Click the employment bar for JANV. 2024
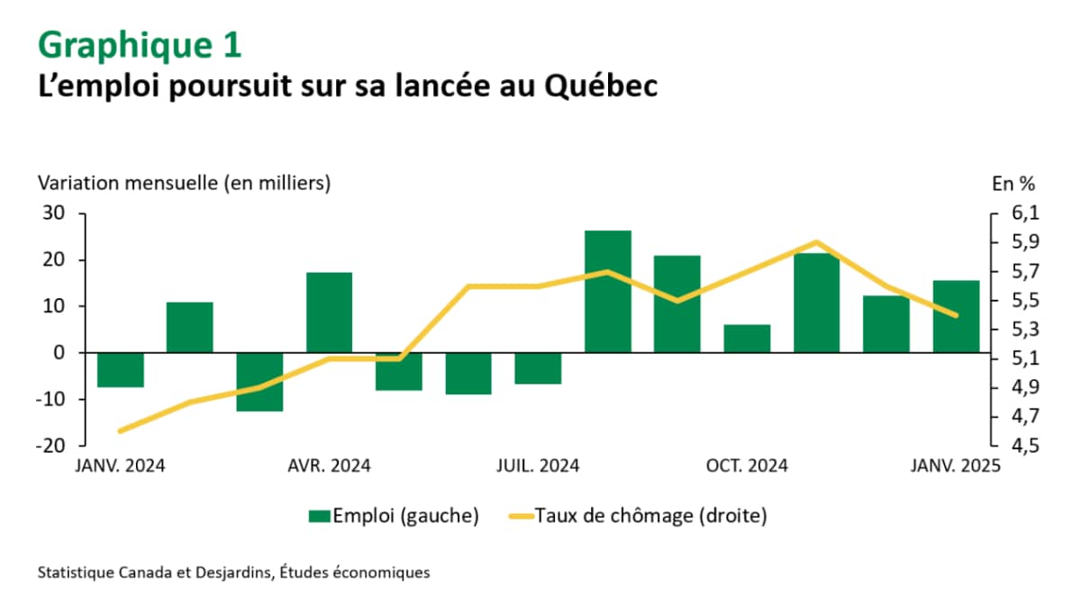121,369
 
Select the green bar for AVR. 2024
330,312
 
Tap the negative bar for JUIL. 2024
539,368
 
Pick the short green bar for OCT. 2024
748,339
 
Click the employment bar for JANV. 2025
956,317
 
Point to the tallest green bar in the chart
608,292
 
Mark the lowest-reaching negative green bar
260,382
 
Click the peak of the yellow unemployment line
816,242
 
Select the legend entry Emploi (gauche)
393,516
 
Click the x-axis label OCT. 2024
747,466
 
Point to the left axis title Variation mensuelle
184,183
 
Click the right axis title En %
1013,183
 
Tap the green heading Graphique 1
140,43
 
